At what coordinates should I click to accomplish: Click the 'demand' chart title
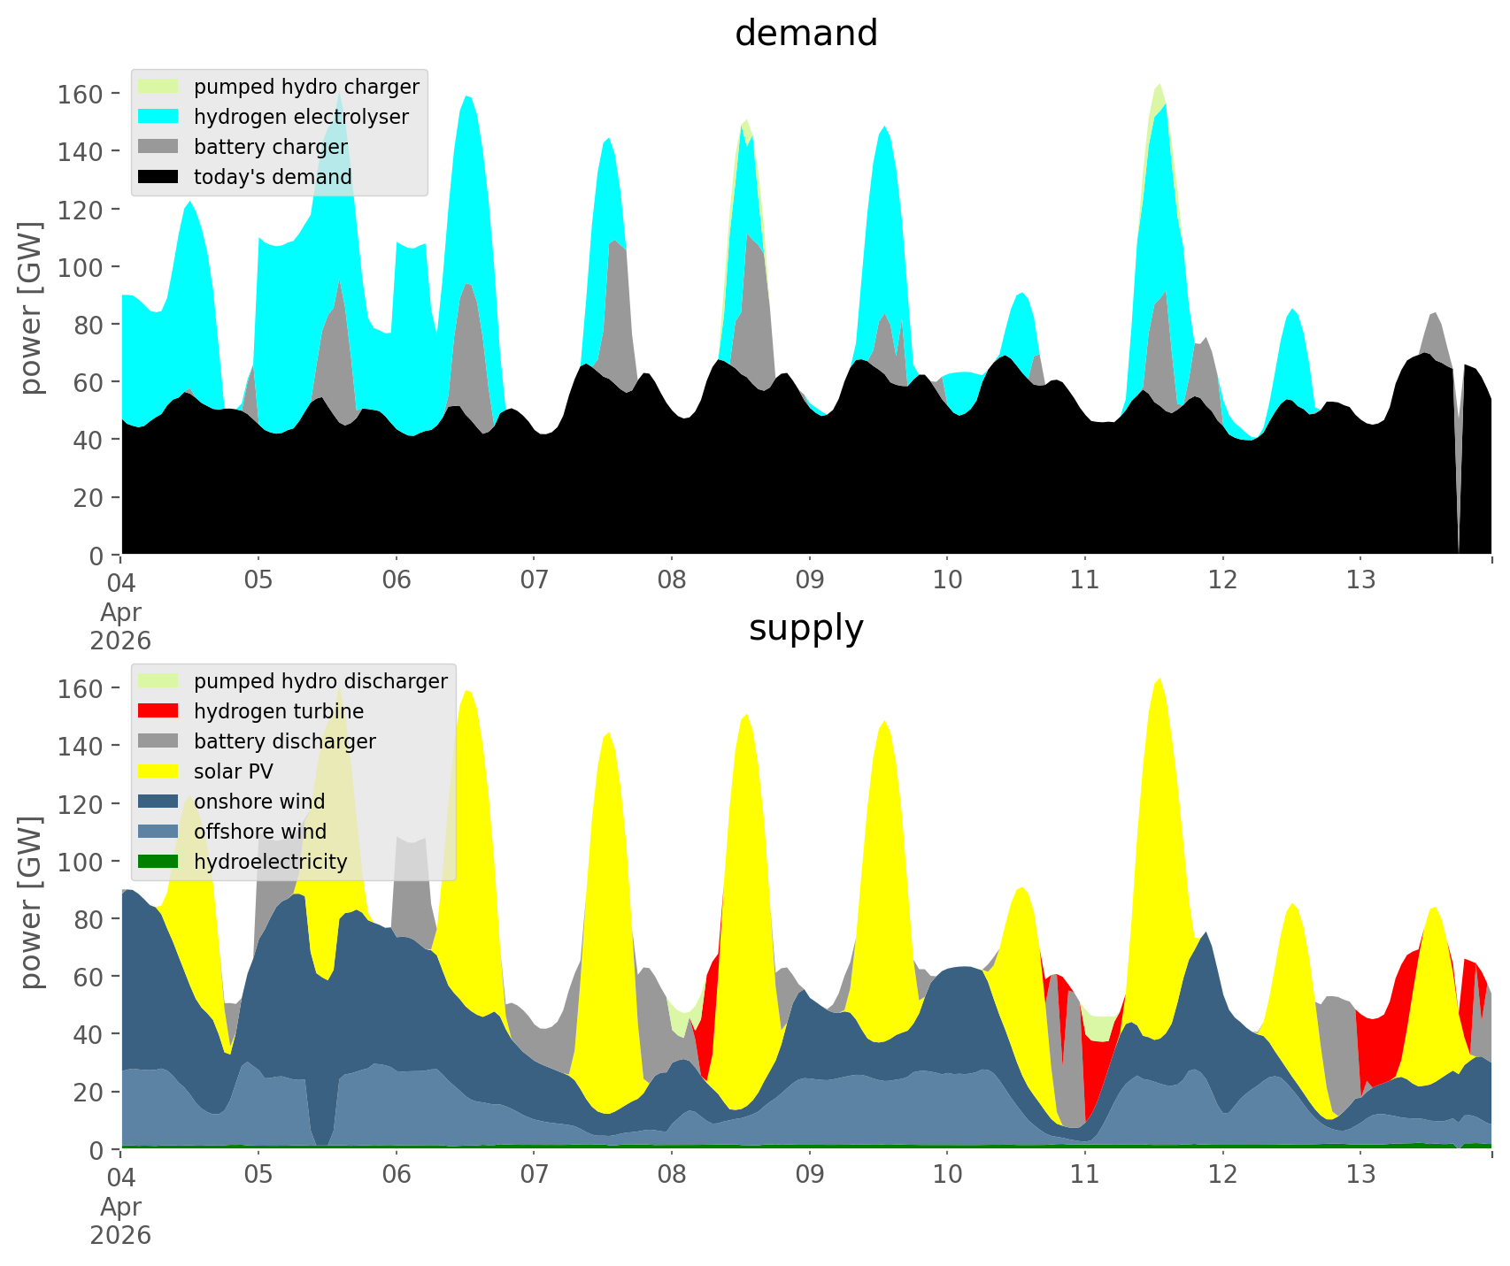(805, 34)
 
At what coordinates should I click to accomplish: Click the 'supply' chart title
(805, 628)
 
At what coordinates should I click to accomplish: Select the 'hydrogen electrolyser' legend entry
(301, 117)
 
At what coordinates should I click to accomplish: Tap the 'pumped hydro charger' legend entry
(306, 87)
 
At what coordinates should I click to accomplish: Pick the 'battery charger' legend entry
(270, 147)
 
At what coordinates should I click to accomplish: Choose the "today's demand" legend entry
(273, 177)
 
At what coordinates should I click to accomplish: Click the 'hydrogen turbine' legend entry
(279, 711)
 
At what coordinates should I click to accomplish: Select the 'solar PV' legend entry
(234, 771)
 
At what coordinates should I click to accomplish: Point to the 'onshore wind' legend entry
(259, 802)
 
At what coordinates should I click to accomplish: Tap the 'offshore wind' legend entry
(260, 832)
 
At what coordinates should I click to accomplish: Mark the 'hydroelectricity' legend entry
(270, 862)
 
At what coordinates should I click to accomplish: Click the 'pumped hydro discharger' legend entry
(320, 681)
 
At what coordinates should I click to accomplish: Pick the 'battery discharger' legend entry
(284, 741)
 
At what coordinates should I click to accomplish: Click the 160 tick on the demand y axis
(80, 94)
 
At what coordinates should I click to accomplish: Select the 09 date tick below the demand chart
(809, 581)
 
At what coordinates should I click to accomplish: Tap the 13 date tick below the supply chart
(1360, 1176)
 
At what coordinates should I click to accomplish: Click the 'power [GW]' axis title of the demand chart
(31, 308)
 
